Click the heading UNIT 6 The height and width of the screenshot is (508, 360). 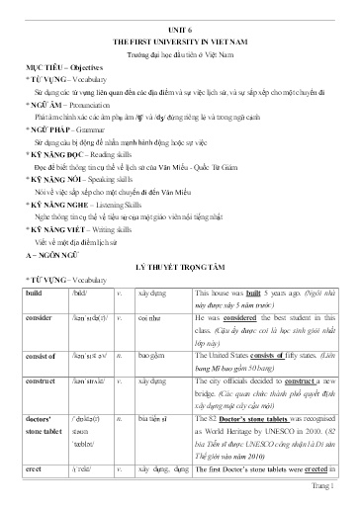click(180, 31)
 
